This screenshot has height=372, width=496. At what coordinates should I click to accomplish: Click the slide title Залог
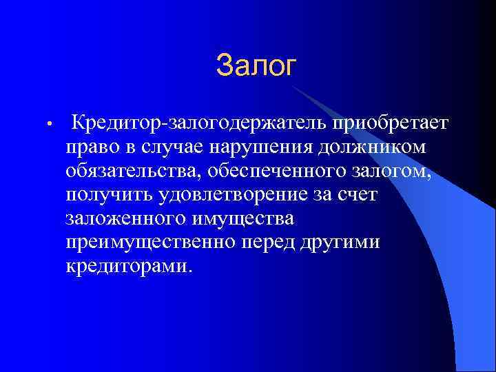(256, 66)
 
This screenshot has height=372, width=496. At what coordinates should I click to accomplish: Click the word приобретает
(380, 123)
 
